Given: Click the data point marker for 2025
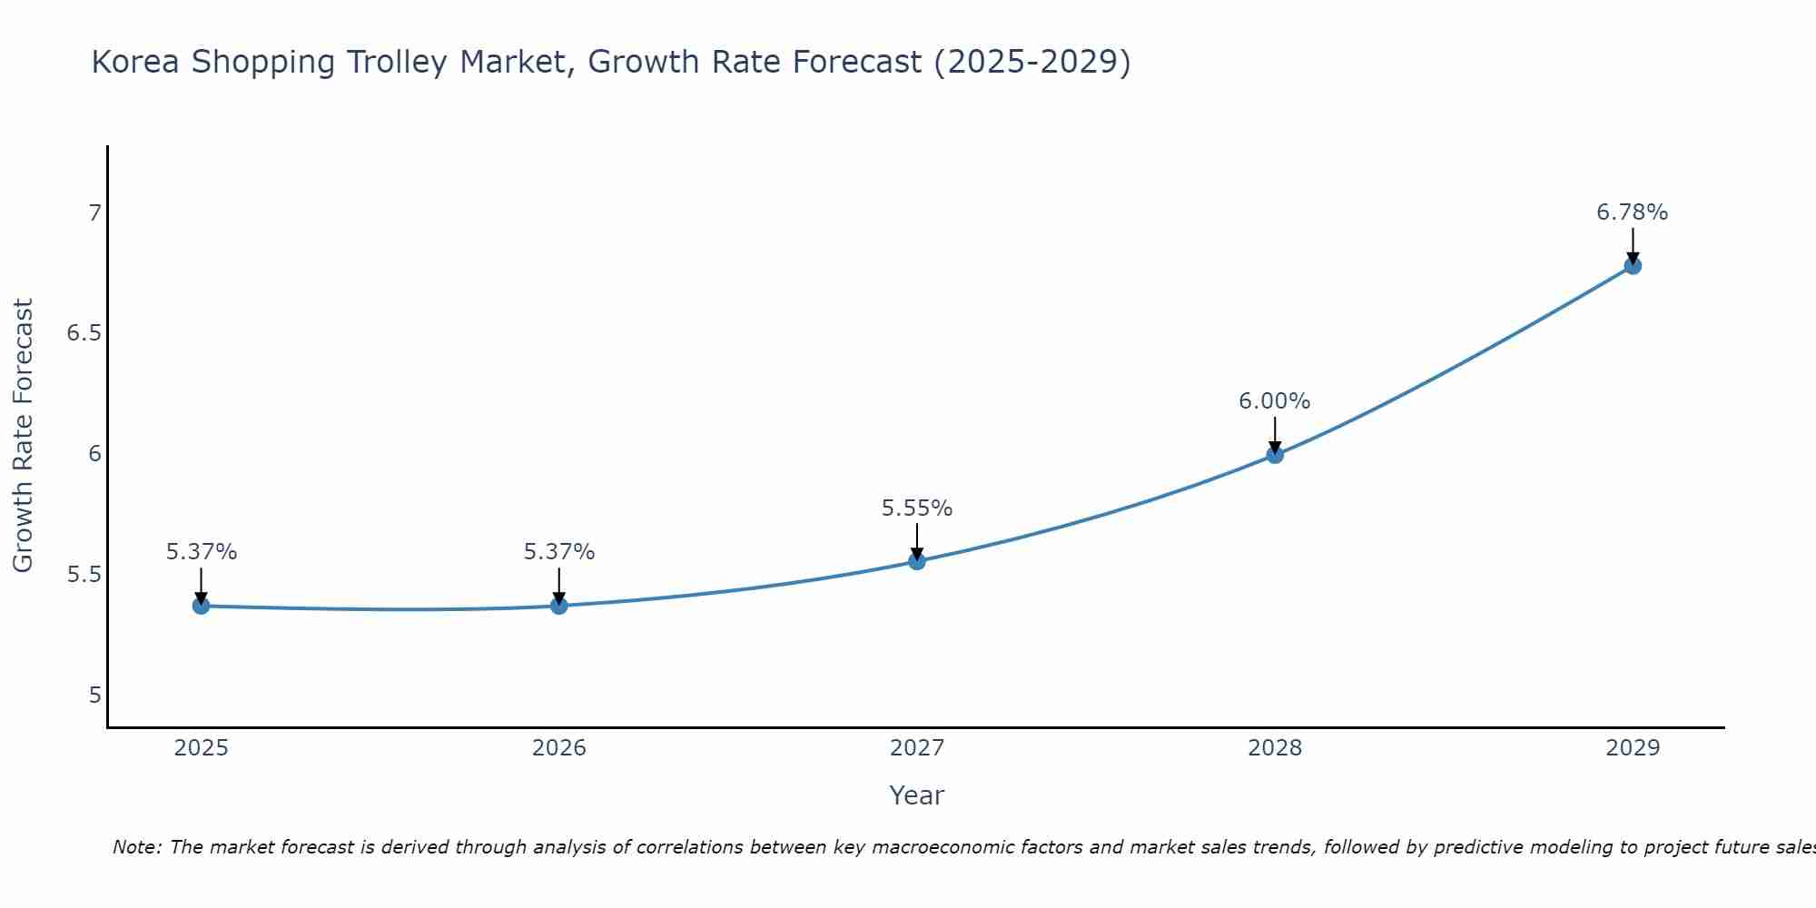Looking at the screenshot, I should pyautogui.click(x=201, y=606).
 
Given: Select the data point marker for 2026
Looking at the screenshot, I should pyautogui.click(x=558, y=606).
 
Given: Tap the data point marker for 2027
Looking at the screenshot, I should pyautogui.click(x=917, y=561).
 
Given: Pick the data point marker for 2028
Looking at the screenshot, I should pyautogui.click(x=1275, y=455).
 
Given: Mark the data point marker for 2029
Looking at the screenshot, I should pyautogui.click(x=1633, y=266).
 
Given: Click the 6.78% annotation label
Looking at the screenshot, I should pyautogui.click(x=1632, y=212).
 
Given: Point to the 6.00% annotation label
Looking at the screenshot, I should pyautogui.click(x=1274, y=401).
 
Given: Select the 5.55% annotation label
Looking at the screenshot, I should pyautogui.click(x=916, y=508).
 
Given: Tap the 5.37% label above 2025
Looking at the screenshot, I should pyautogui.click(x=201, y=552).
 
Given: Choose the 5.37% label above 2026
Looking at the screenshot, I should pyautogui.click(x=558, y=552).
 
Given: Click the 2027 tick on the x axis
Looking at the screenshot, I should pyautogui.click(x=917, y=748).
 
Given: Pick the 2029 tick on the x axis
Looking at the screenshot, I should pyautogui.click(x=1633, y=748).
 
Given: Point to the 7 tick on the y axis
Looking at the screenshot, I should pyautogui.click(x=94, y=213).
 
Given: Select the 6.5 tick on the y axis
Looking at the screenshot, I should pyautogui.click(x=84, y=334).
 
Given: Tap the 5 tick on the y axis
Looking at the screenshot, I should pyautogui.click(x=94, y=696).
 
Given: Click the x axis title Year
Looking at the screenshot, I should pyautogui.click(x=916, y=795).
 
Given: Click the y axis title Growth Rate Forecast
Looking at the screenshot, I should pyautogui.click(x=23, y=436).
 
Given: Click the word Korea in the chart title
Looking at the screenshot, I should pyautogui.click(x=136, y=63).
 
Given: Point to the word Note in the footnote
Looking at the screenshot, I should pyautogui.click(x=136, y=847).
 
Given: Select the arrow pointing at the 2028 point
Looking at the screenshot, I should pyautogui.click(x=1275, y=434).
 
